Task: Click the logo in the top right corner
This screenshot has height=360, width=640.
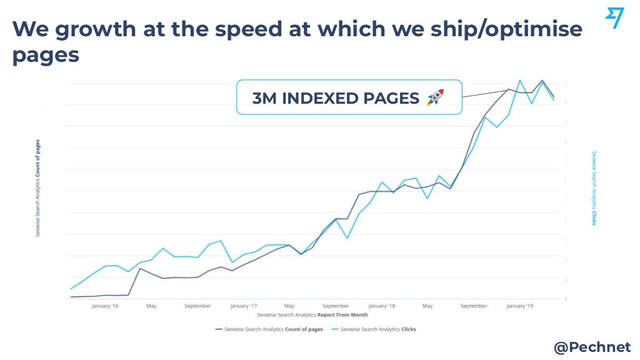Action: pyautogui.click(x=614, y=18)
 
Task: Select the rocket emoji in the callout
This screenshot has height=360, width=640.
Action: pyautogui.click(x=435, y=97)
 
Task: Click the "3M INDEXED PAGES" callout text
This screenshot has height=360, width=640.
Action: pyautogui.click(x=336, y=98)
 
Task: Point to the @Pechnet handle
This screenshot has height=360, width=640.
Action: pyautogui.click(x=592, y=347)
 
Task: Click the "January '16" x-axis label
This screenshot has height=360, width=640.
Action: pyautogui.click(x=105, y=306)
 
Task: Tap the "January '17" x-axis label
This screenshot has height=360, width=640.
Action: pyautogui.click(x=244, y=306)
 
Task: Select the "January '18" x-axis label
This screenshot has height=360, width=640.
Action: pyautogui.click(x=382, y=306)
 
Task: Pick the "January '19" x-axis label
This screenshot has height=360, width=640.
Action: pyautogui.click(x=520, y=306)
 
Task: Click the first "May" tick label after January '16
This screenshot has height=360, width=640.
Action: pyautogui.click(x=151, y=306)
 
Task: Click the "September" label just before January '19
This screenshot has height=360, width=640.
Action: pyautogui.click(x=474, y=306)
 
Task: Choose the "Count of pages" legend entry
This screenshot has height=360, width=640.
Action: pyautogui.click(x=269, y=329)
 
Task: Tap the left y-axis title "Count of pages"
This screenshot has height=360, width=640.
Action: pyautogui.click(x=39, y=187)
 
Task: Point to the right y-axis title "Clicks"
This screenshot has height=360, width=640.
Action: pyautogui.click(x=594, y=187)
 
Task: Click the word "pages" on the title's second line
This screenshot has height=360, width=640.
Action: pyautogui.click(x=46, y=56)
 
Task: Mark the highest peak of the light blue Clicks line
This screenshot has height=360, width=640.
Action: pyautogui.click(x=520, y=80)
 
